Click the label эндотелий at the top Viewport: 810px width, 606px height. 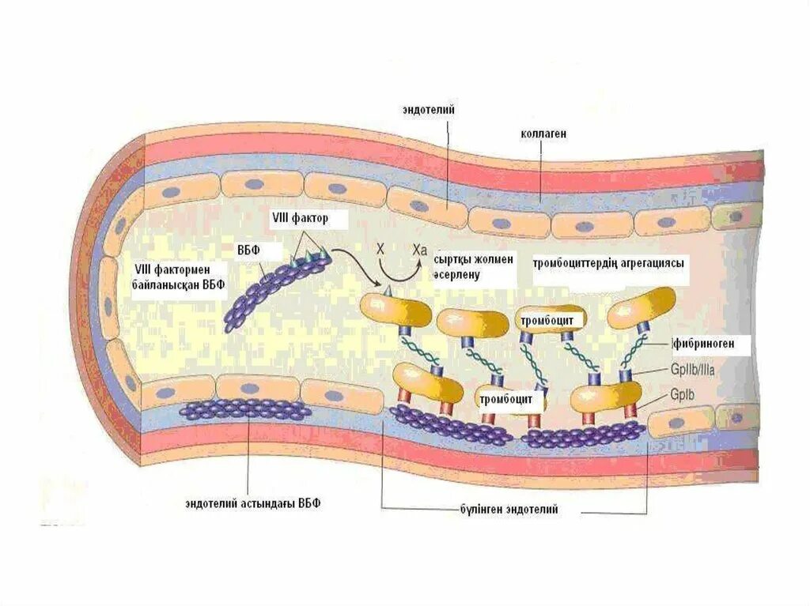[427, 111]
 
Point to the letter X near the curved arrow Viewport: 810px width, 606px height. [380, 248]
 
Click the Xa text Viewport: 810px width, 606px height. [420, 249]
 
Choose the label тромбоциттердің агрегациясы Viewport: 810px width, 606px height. [608, 263]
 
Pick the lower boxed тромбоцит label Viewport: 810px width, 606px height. [511, 399]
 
